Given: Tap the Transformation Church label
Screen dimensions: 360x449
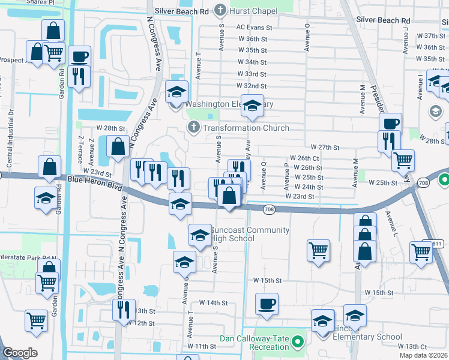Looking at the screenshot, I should coord(246,128).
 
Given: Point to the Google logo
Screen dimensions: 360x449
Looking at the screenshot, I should coord(20,353).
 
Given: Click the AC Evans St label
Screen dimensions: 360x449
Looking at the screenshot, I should coord(255,28).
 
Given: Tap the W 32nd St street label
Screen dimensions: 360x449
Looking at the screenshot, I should coord(252,85).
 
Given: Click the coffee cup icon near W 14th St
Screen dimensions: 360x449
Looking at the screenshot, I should coord(267,304).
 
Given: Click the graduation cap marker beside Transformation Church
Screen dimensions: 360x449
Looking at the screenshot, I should coord(253,106).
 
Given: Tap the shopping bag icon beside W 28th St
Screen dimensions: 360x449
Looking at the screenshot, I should coord(118,146).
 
